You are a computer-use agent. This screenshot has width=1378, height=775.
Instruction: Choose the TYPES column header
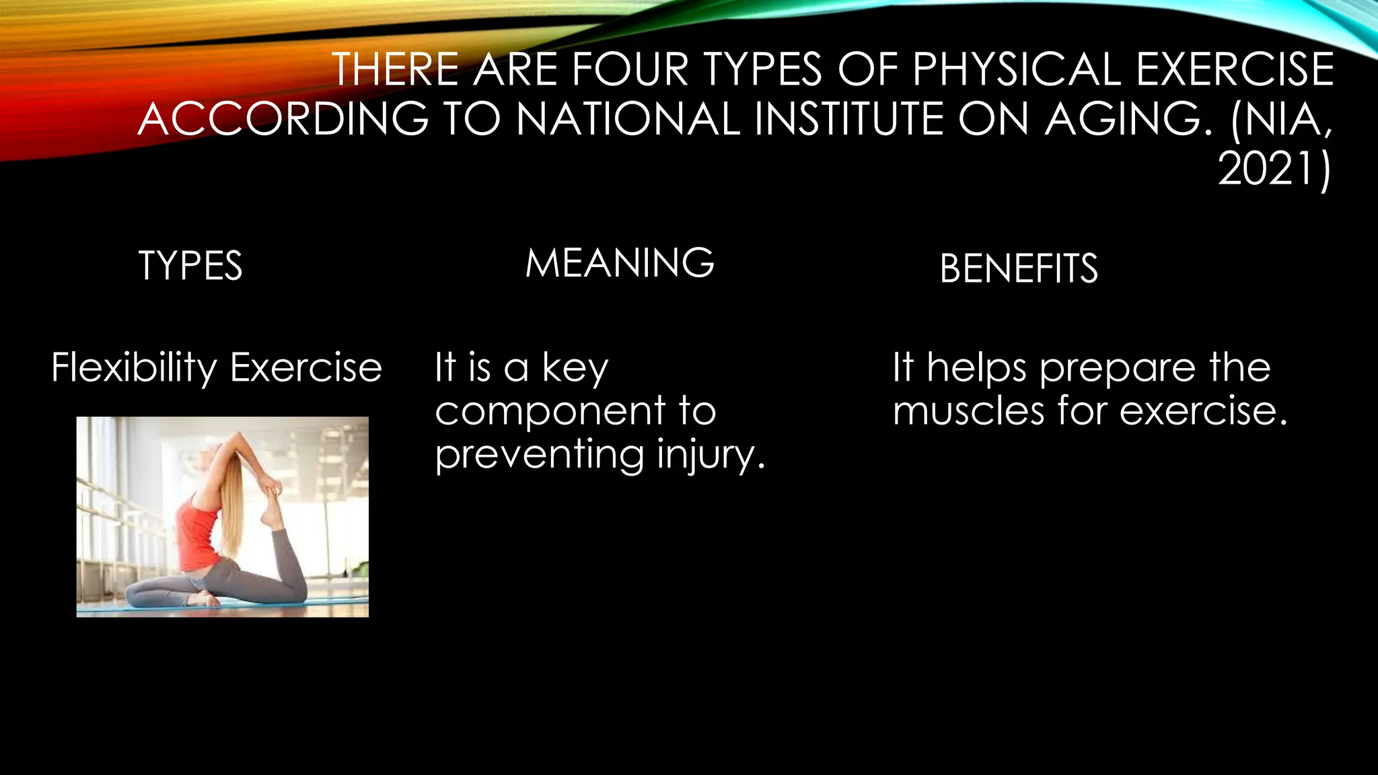click(x=190, y=266)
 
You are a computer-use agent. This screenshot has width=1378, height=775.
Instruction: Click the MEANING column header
click(x=620, y=263)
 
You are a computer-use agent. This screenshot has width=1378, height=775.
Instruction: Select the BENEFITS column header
click(x=1019, y=269)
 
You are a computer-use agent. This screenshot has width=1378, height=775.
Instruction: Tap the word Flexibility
click(x=134, y=368)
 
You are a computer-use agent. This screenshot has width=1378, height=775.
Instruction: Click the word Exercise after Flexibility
click(x=306, y=368)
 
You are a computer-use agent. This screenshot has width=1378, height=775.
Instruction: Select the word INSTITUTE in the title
click(x=849, y=119)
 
